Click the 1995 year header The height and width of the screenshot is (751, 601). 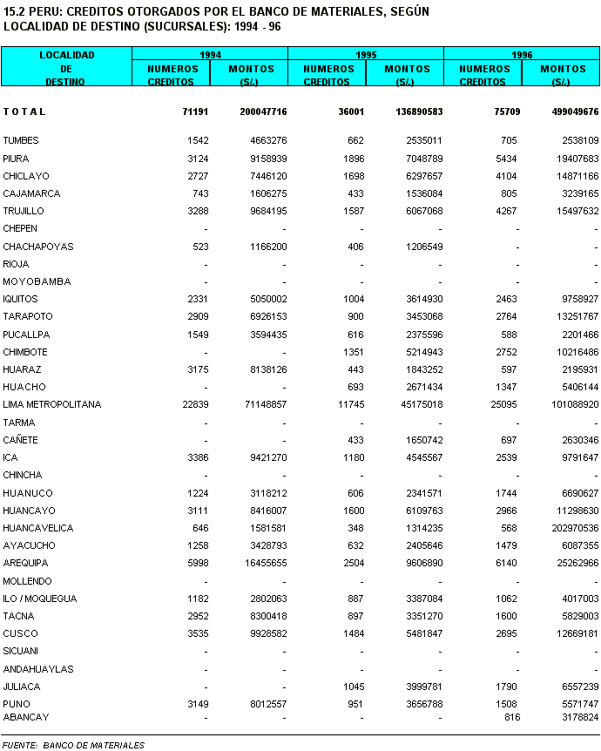366,55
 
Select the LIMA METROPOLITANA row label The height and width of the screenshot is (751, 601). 52,405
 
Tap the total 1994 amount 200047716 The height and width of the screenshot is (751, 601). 263,112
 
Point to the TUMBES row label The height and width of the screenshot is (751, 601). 21,141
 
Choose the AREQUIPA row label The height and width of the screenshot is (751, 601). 26,563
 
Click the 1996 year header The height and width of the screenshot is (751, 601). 522,55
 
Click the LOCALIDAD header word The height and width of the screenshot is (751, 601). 66,55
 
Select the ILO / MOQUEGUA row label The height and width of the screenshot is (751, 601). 40,599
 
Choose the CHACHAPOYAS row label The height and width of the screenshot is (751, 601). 37,247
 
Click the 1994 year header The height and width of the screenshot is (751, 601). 210,55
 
